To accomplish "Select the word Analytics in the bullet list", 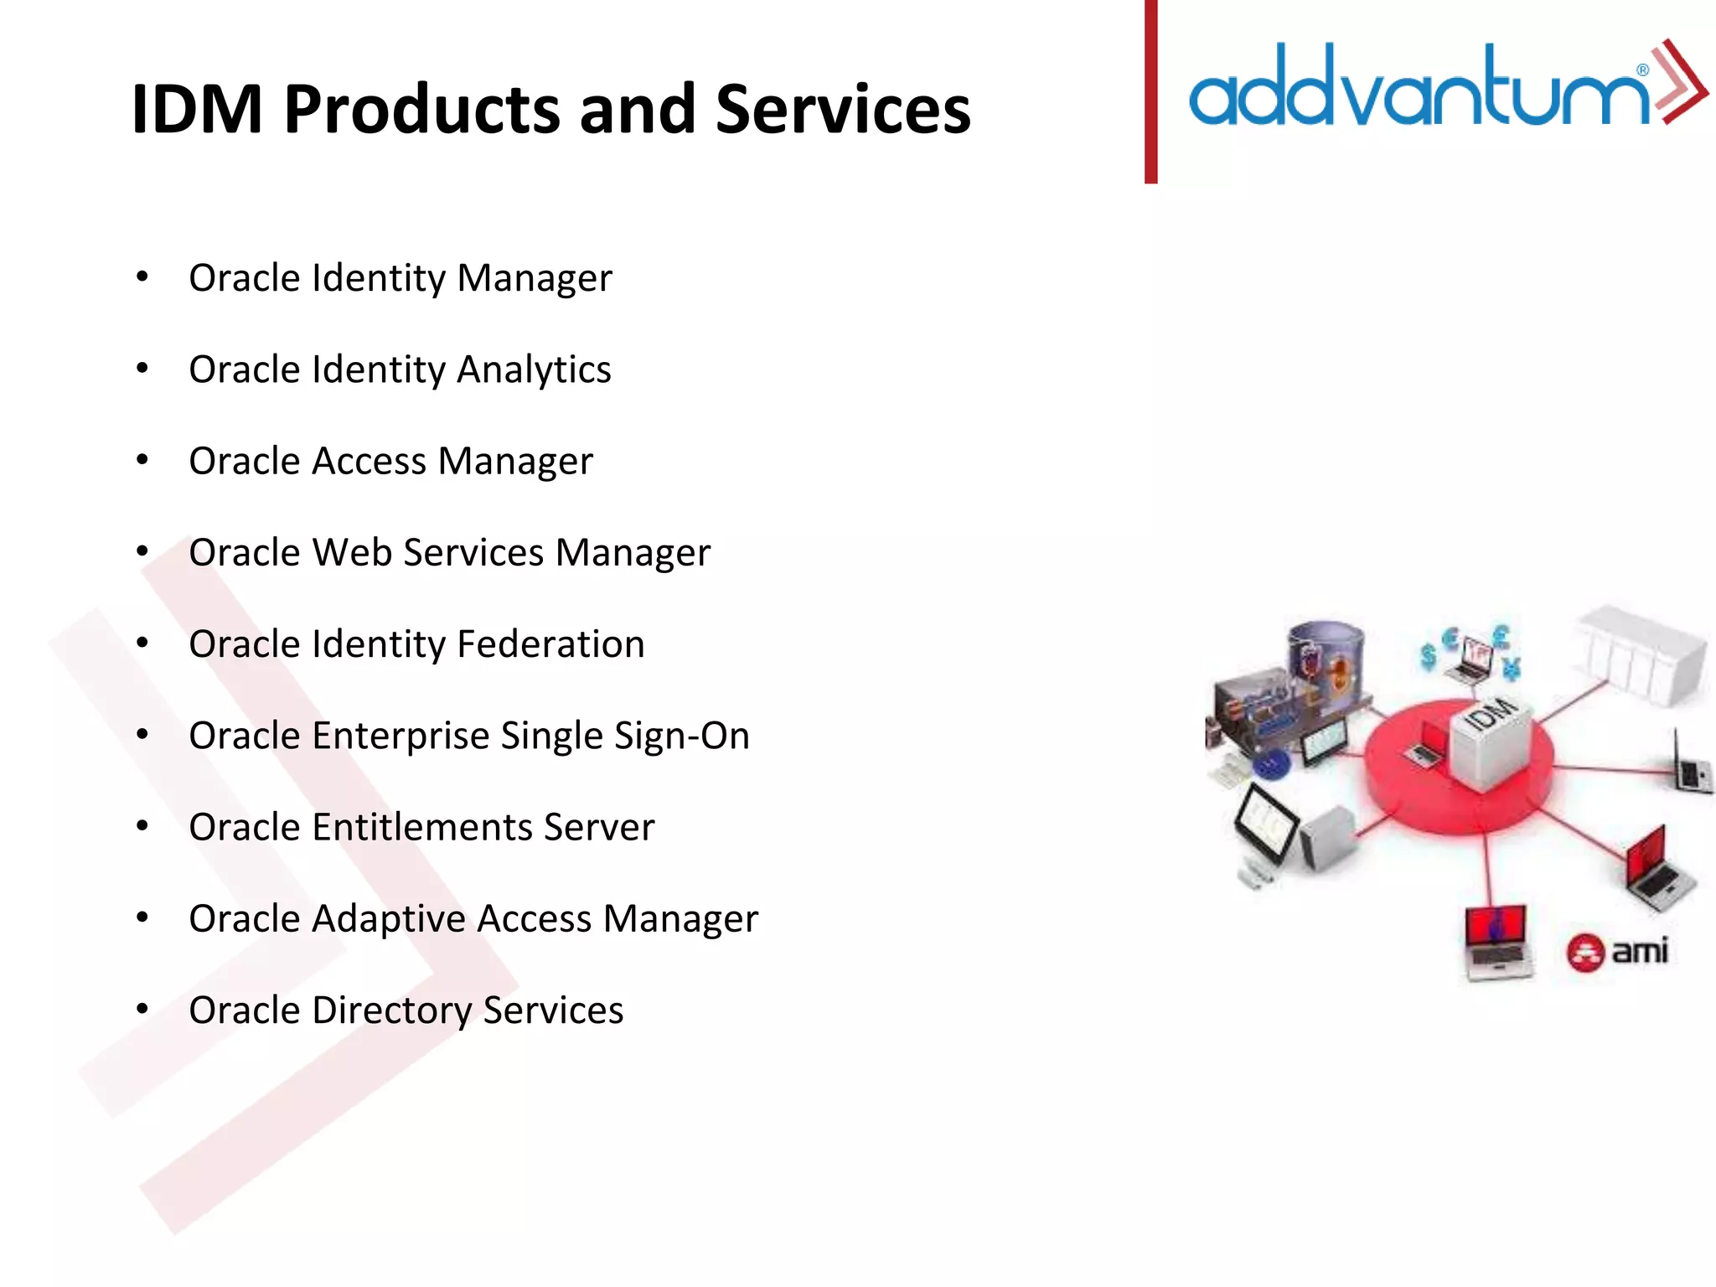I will pos(534,370).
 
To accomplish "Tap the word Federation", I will pos(550,644).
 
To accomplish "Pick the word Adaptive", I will pos(389,919).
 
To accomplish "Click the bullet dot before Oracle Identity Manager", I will pos(142,277).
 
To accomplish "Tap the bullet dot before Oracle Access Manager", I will pos(142,460).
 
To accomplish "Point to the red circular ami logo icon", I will pos(1585,954).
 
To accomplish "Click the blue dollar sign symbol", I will pos(1429,656).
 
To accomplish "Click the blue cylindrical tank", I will pos(1326,662).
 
